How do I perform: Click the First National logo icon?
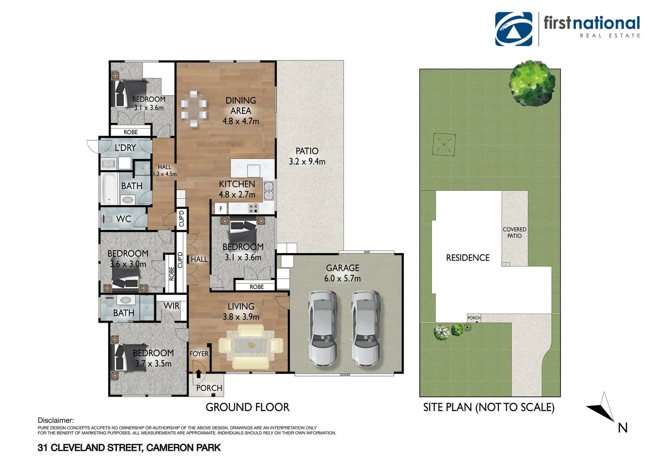point(514,29)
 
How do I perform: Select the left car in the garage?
point(323,328)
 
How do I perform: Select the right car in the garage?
point(366,328)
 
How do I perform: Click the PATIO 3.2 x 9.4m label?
point(307,156)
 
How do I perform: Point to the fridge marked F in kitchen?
point(221,209)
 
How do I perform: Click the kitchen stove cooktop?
point(253,208)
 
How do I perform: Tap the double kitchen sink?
point(268,191)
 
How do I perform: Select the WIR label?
point(172,306)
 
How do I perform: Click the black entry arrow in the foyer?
point(198,374)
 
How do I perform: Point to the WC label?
point(124,219)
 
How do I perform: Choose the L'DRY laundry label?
point(125,148)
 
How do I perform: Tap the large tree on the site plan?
point(532,83)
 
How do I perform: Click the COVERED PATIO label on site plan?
point(514,233)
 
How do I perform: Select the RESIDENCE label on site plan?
point(468,258)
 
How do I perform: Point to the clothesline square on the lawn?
point(444,145)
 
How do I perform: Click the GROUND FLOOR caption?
point(247,407)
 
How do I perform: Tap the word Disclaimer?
point(56,420)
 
